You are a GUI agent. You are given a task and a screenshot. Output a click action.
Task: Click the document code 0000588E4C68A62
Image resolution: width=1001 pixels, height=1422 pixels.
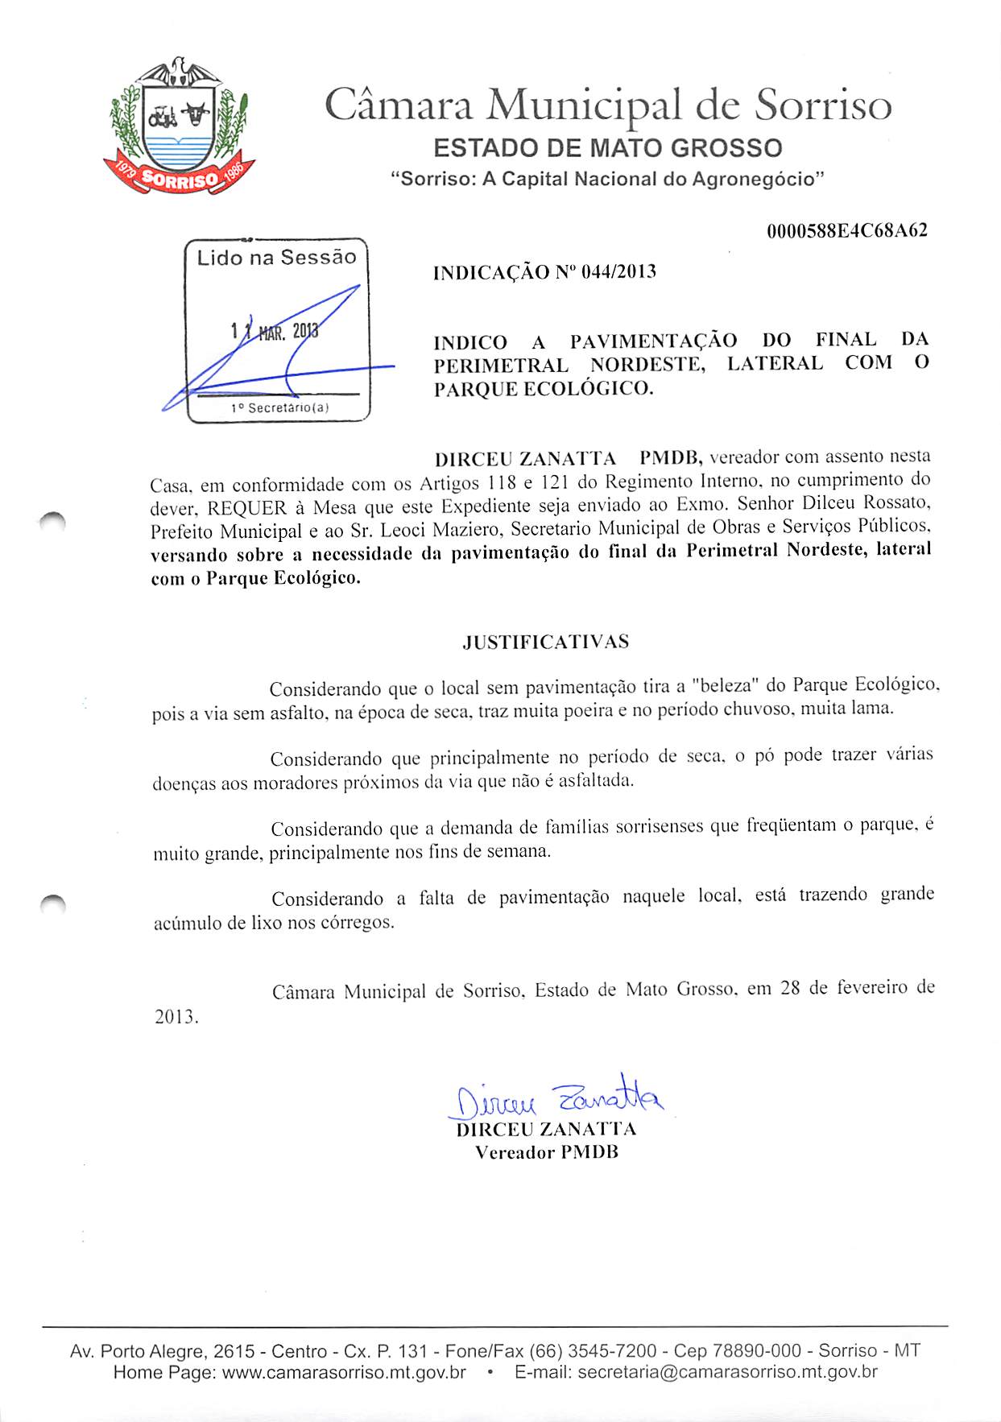coord(846,231)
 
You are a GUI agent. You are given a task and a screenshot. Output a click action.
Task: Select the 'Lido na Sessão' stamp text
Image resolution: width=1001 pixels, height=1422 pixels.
coord(276,258)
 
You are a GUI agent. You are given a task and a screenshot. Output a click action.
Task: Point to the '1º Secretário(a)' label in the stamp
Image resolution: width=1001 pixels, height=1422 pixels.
coord(279,408)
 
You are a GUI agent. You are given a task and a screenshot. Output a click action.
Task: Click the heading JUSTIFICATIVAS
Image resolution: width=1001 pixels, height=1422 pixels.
coord(546,643)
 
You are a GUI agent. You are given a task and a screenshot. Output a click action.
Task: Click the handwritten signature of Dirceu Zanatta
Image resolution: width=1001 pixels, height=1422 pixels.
coord(556,1097)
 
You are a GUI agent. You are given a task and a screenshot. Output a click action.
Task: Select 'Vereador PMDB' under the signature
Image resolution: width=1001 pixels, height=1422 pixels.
coord(547,1152)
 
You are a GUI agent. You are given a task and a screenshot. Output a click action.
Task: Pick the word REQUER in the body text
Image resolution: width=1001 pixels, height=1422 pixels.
coord(247,508)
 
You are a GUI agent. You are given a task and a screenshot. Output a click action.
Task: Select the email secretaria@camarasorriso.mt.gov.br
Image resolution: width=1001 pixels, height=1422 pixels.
coord(727,1372)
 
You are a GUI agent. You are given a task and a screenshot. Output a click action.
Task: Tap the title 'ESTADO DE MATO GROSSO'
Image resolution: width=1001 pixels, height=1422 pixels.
coord(607,148)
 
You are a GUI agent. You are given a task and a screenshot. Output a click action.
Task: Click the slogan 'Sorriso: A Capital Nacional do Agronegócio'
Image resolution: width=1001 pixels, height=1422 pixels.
coord(607,179)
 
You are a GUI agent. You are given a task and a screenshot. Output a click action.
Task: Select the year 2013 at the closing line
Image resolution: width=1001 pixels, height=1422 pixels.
coord(176,1017)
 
